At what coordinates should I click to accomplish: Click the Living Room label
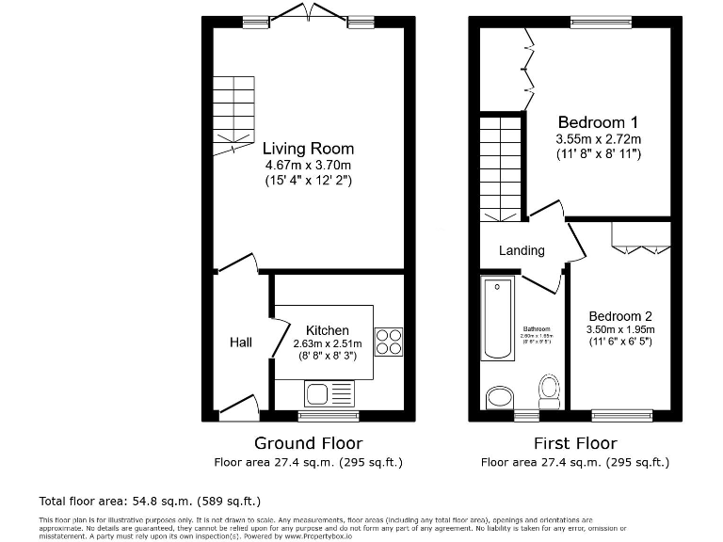pos(308,148)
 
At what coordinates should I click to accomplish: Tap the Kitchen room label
pos(327,330)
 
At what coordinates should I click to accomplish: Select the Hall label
pos(241,343)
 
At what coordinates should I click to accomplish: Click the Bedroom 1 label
pos(598,122)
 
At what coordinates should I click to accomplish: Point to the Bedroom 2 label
pos(620,316)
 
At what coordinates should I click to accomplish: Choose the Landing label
pos(522,250)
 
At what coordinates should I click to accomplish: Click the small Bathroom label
pos(537,329)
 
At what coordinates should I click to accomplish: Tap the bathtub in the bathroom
pos(497,318)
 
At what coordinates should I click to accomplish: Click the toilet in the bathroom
pos(548,390)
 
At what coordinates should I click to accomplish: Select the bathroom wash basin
pos(499,399)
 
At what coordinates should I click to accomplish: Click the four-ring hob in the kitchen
pos(389,341)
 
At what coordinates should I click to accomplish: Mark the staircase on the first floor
pos(499,167)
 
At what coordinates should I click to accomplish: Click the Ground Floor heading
pos(308,443)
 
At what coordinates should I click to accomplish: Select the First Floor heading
pos(574,443)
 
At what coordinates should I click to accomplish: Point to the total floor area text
pos(150,501)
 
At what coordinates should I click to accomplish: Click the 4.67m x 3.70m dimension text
pos(308,165)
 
